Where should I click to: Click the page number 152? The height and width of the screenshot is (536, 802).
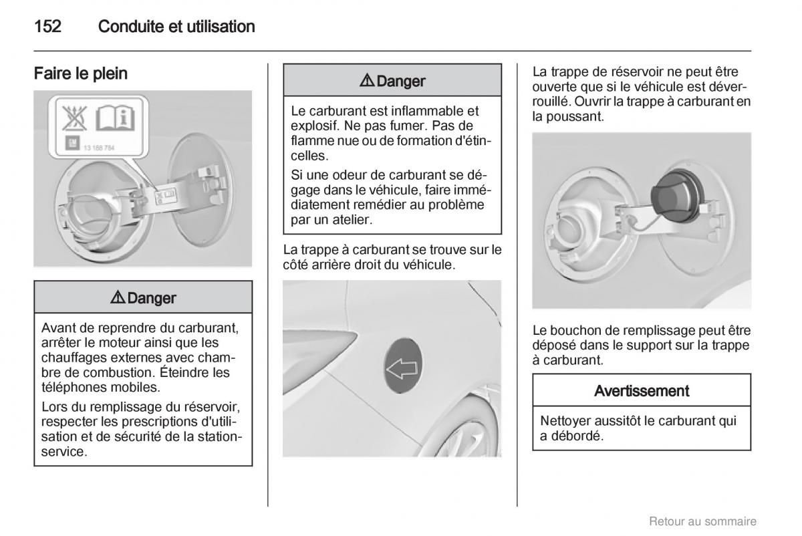pyautogui.click(x=47, y=27)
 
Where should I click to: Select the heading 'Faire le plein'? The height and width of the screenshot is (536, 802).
pyautogui.click(x=81, y=74)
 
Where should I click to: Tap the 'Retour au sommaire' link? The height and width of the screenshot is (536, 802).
pyautogui.click(x=702, y=521)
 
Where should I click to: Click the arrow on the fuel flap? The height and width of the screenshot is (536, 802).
pyautogui.click(x=402, y=368)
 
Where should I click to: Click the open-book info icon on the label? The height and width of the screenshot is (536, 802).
pyautogui.click(x=115, y=118)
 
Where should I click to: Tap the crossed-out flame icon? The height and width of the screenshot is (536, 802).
pyautogui.click(x=75, y=118)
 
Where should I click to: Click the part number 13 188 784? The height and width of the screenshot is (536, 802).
pyautogui.click(x=99, y=148)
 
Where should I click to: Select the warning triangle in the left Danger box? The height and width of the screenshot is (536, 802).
pyautogui.click(x=118, y=297)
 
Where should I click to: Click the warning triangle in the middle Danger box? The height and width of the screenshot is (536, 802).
pyautogui.click(x=367, y=81)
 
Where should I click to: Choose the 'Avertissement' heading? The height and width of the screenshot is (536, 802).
pyautogui.click(x=641, y=390)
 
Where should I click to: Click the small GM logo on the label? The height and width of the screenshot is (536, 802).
pyautogui.click(x=72, y=143)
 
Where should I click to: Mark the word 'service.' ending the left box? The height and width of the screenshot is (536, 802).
pyautogui.click(x=64, y=452)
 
